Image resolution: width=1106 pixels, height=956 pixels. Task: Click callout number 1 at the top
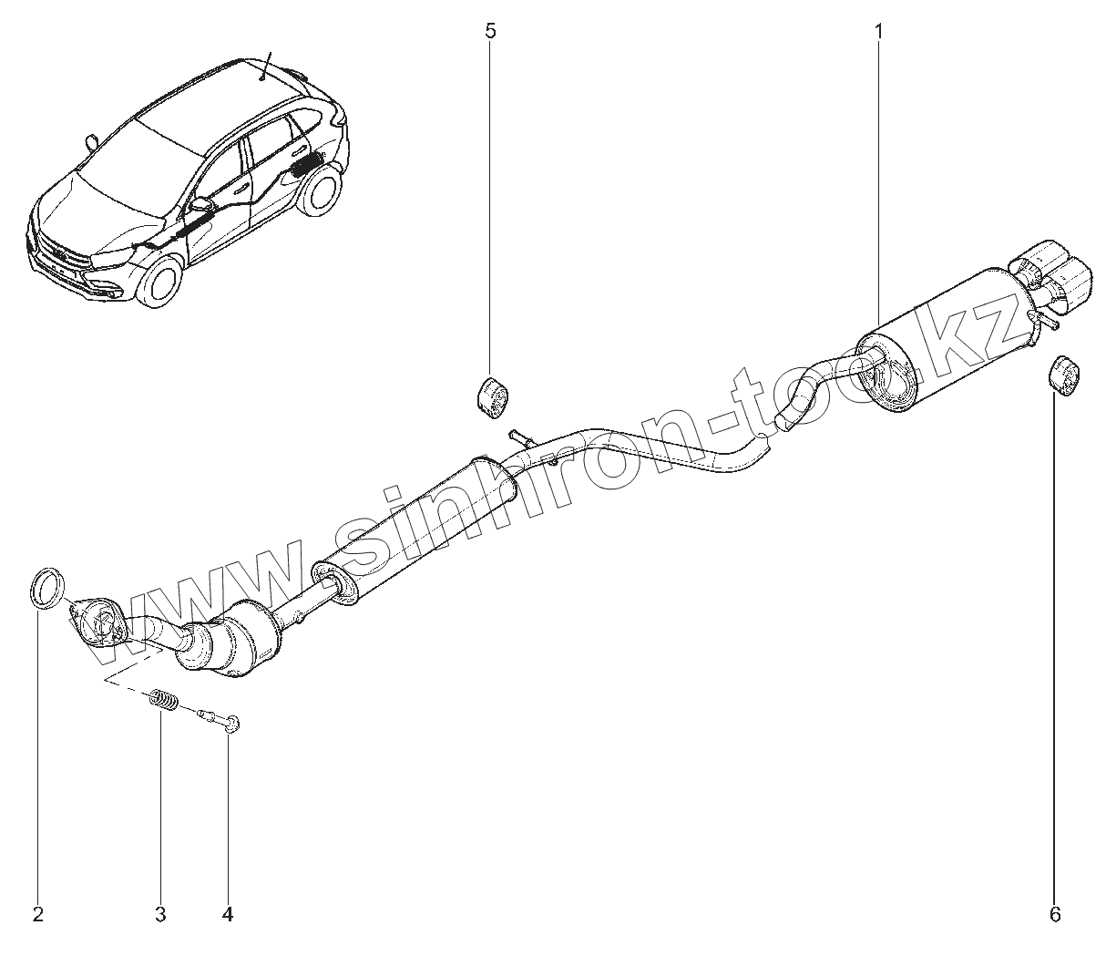coord(878,32)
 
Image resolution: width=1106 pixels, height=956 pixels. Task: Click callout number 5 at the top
coord(491,32)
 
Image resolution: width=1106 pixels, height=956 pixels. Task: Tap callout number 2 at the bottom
coord(38,914)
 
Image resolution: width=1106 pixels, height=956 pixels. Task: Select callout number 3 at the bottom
coord(160,914)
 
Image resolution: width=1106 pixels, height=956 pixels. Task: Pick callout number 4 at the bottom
coord(228,914)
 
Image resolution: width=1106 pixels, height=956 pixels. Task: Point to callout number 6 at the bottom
coord(1056,914)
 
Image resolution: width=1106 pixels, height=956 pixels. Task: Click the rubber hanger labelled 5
coord(493,397)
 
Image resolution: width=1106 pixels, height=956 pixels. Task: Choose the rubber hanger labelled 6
coord(1063,376)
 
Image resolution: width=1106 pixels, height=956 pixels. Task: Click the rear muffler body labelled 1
coord(947,342)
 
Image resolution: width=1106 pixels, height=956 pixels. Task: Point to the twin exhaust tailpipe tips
coord(1057,278)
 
